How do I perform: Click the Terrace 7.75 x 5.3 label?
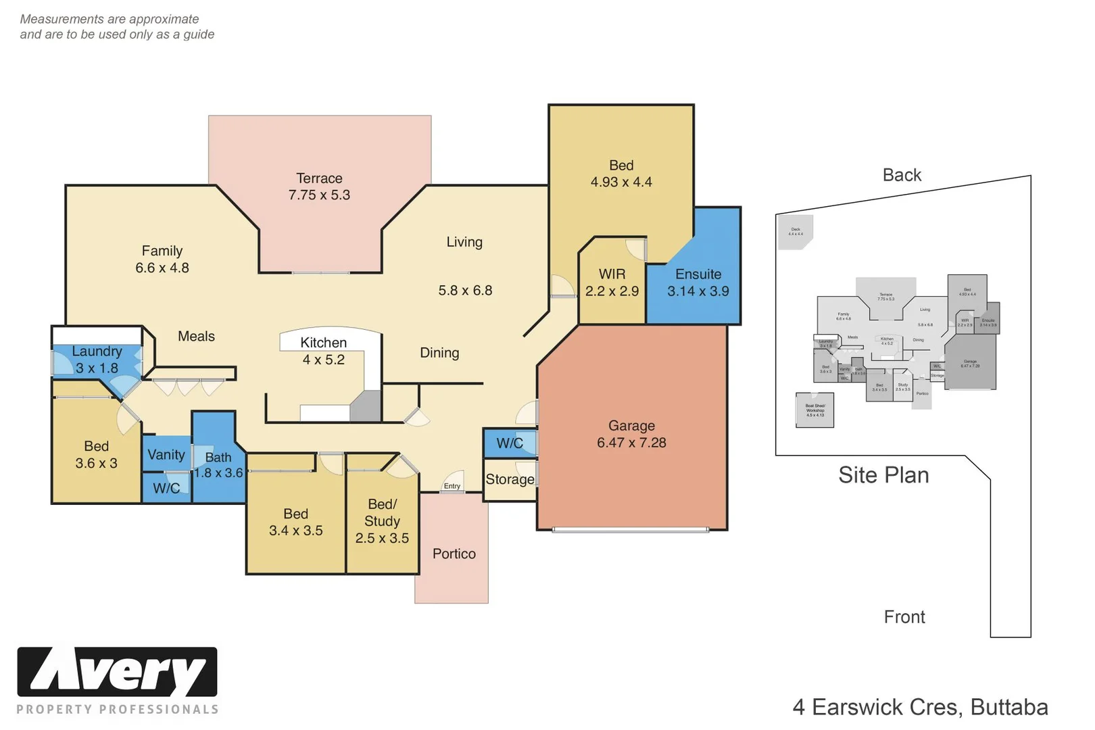click(x=319, y=187)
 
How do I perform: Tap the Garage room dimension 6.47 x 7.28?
click(x=631, y=443)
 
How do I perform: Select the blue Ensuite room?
click(x=698, y=283)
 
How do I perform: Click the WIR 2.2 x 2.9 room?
click(x=612, y=283)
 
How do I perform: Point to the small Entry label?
click(x=452, y=486)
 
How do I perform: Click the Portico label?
click(x=454, y=554)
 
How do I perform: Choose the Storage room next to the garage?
click(x=510, y=479)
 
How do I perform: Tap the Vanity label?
click(x=166, y=455)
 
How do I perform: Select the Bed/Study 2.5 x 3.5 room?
click(x=382, y=521)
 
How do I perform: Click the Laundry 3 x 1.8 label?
click(x=97, y=360)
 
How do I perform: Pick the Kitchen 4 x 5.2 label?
click(x=323, y=351)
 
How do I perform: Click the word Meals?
click(x=196, y=336)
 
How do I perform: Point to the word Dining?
click(x=439, y=352)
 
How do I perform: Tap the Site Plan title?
click(x=883, y=475)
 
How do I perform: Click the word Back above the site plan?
click(x=902, y=175)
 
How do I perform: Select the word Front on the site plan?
click(x=904, y=616)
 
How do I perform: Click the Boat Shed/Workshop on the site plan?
click(x=814, y=410)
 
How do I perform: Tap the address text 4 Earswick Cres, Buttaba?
click(x=920, y=707)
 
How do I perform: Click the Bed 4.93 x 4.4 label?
click(x=621, y=174)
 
